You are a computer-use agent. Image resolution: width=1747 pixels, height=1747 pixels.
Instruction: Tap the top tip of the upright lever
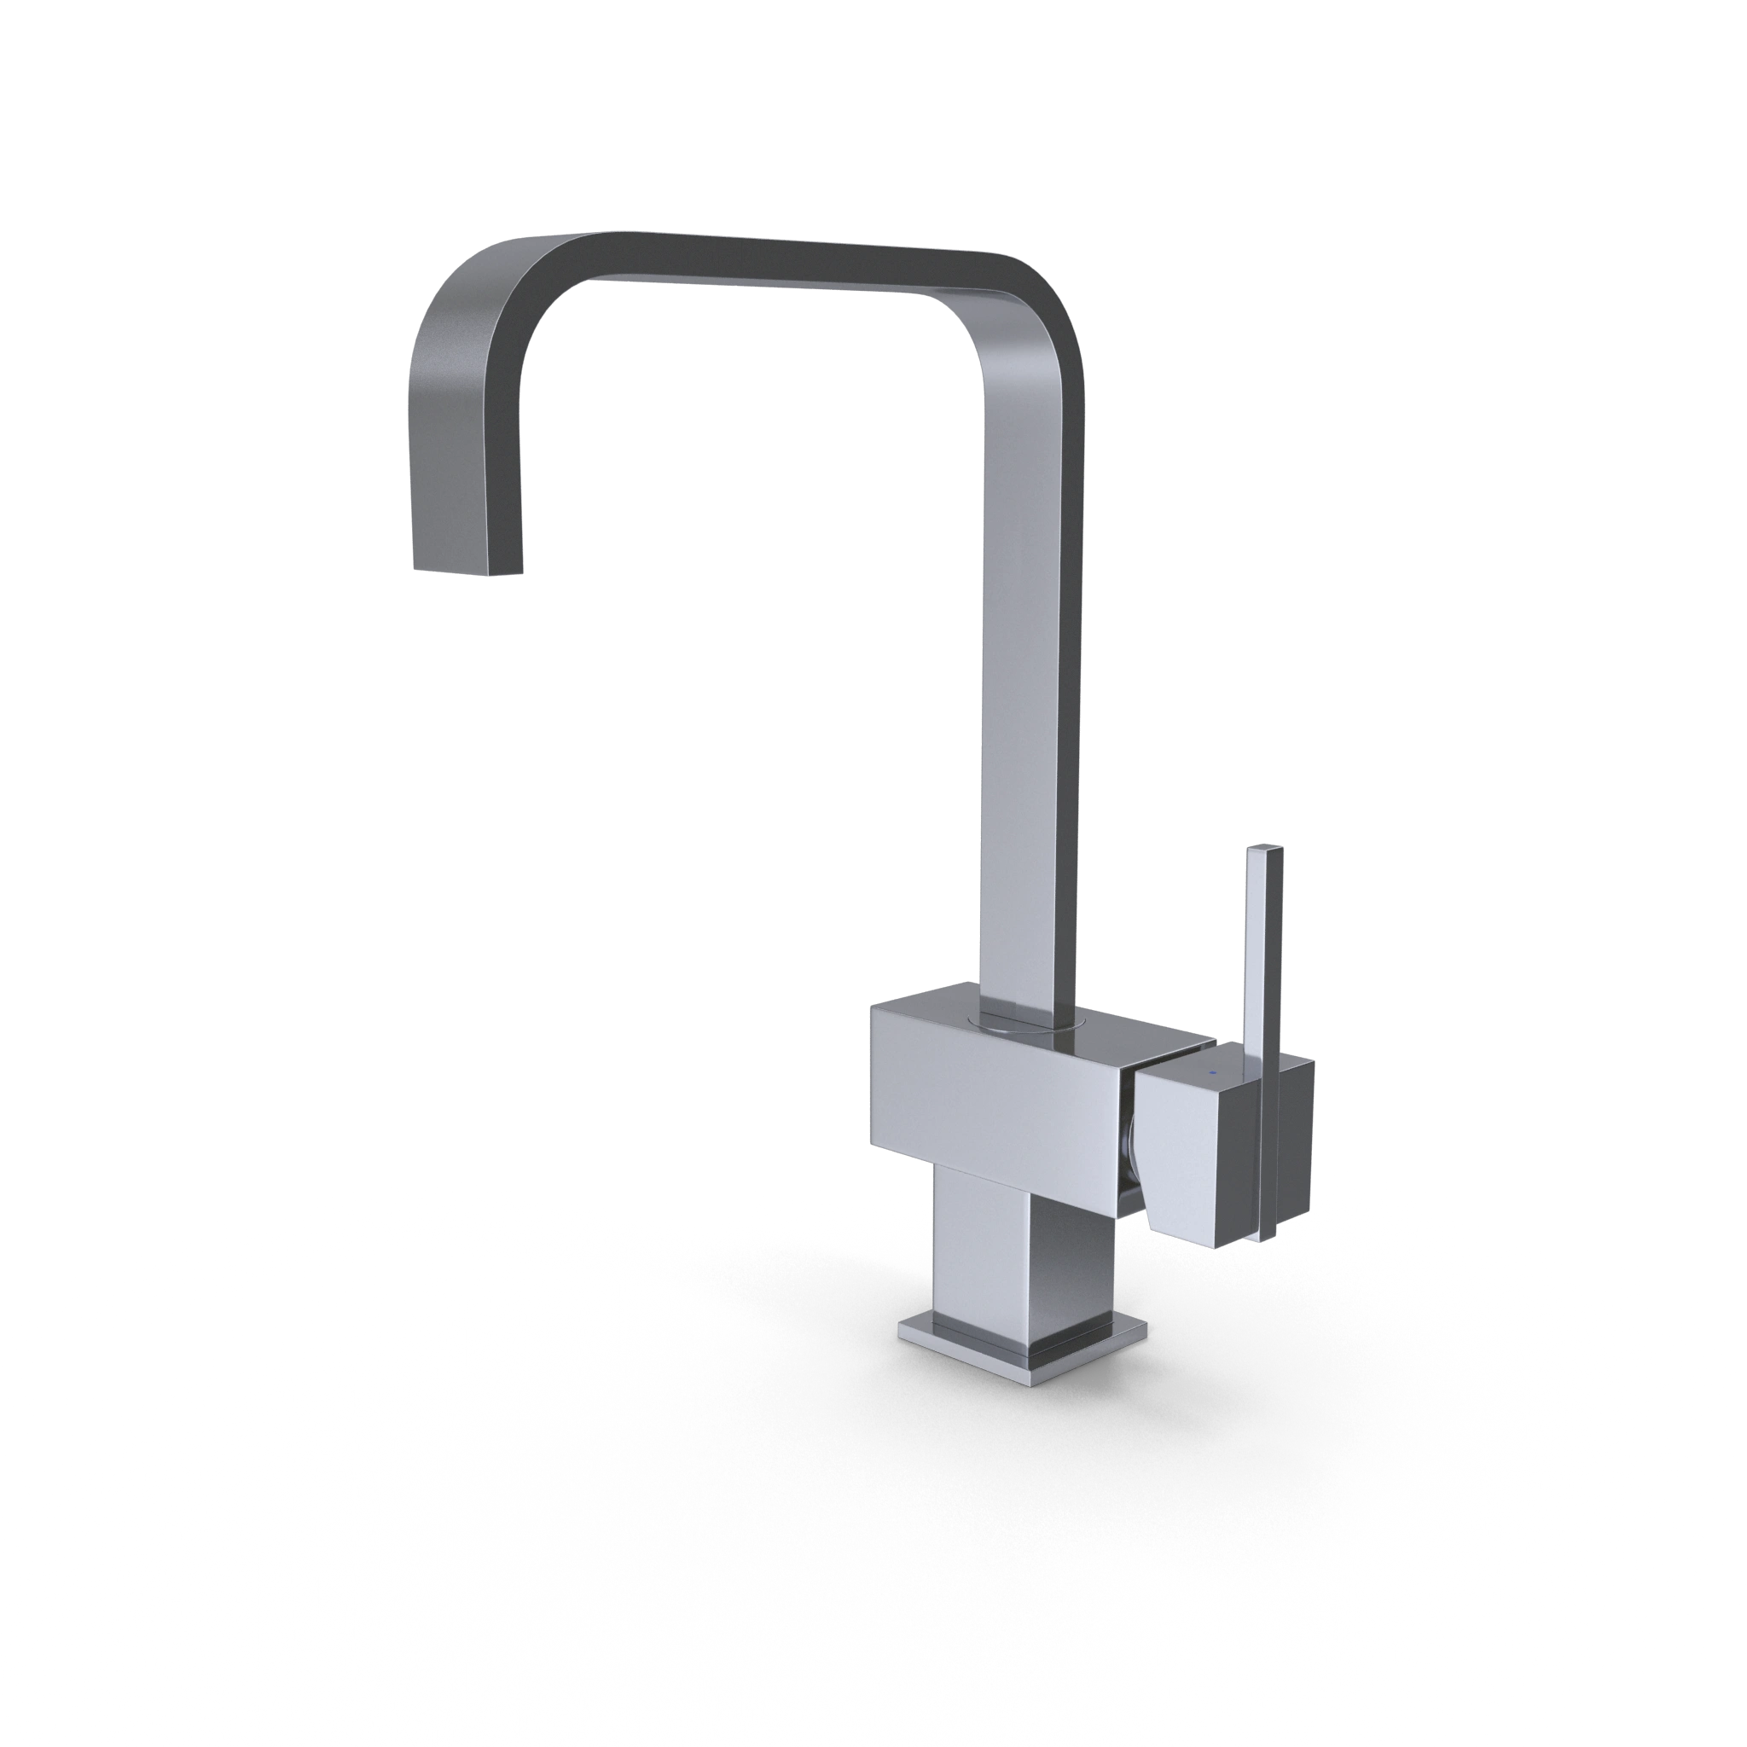[x=1264, y=849]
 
